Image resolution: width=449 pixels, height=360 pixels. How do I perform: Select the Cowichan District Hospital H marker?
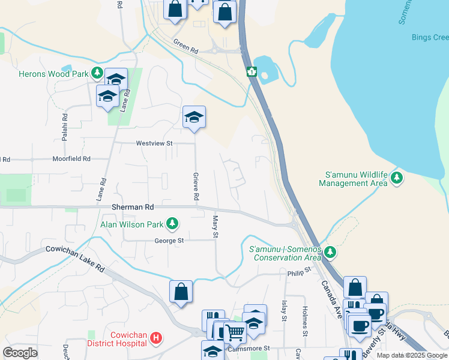pyautogui.click(x=155, y=338)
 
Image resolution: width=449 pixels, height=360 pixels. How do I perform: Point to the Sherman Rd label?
pyautogui.click(x=133, y=206)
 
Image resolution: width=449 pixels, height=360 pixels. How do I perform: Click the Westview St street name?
pyautogui.click(x=154, y=143)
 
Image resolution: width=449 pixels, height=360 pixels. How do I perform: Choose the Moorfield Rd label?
pyautogui.click(x=71, y=159)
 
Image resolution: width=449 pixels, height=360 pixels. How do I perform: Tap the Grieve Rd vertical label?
pyautogui.click(x=196, y=186)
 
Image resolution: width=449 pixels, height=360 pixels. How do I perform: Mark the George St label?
pyautogui.click(x=169, y=241)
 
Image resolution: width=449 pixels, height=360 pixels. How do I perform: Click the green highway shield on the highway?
pyautogui.click(x=252, y=72)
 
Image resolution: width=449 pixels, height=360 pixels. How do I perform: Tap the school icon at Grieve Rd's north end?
pyautogui.click(x=194, y=117)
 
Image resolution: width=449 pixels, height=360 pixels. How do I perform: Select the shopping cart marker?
pyautogui.click(x=235, y=331)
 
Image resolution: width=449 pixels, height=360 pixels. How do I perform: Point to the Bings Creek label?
pyautogui.click(x=430, y=37)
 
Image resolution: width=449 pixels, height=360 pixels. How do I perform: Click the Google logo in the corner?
pyautogui.click(x=20, y=353)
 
